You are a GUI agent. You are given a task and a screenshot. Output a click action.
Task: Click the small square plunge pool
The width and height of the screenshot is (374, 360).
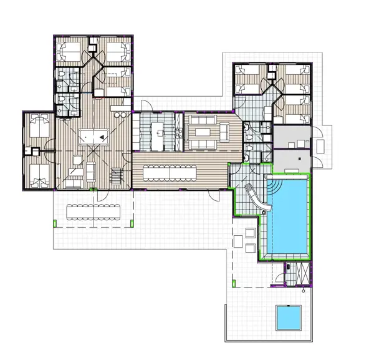pos(288,318)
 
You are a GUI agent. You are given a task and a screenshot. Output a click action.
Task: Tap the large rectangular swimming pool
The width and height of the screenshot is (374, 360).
pos(290,219)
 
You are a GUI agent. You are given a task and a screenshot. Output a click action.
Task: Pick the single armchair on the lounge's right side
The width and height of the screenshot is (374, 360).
pos(224,132)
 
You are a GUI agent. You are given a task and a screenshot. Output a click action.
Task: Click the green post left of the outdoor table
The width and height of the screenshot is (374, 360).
pos(55,223)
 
